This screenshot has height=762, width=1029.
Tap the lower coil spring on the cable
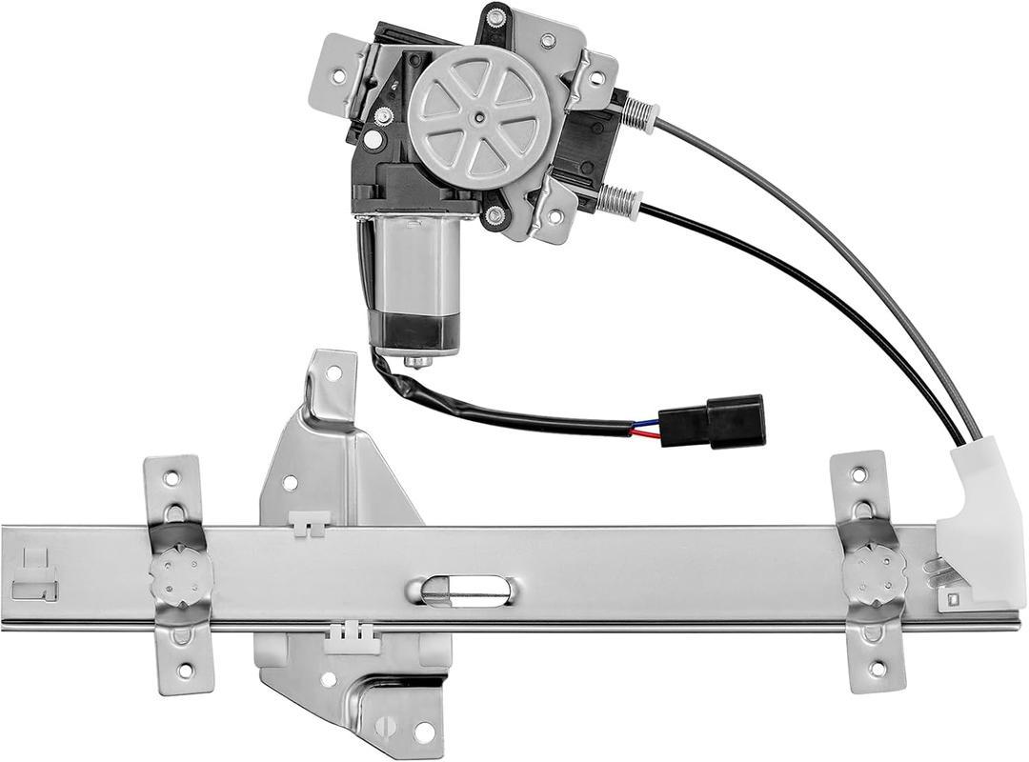[x=619, y=199]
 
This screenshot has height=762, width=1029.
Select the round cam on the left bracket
[x=178, y=574]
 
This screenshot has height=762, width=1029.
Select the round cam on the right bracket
[x=874, y=571]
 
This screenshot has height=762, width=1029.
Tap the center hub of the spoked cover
[x=479, y=118]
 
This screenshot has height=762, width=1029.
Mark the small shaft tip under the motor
[x=416, y=362]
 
